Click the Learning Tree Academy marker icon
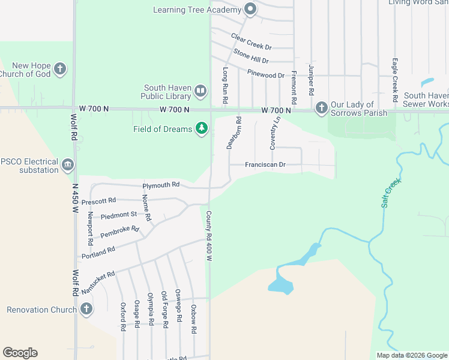coord(250,9)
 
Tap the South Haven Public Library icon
coord(200,91)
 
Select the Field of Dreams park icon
coord(202,128)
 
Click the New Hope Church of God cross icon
coord(59,69)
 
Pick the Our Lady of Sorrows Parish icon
coord(321,108)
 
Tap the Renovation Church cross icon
coord(86,309)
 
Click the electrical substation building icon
coord(68,165)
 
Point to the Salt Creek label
coord(390,193)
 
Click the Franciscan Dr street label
coord(265,165)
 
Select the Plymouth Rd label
coord(161,185)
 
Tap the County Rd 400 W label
coord(209,235)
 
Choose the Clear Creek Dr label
coord(252,41)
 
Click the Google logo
coord(20,353)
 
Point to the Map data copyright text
coord(411,355)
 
